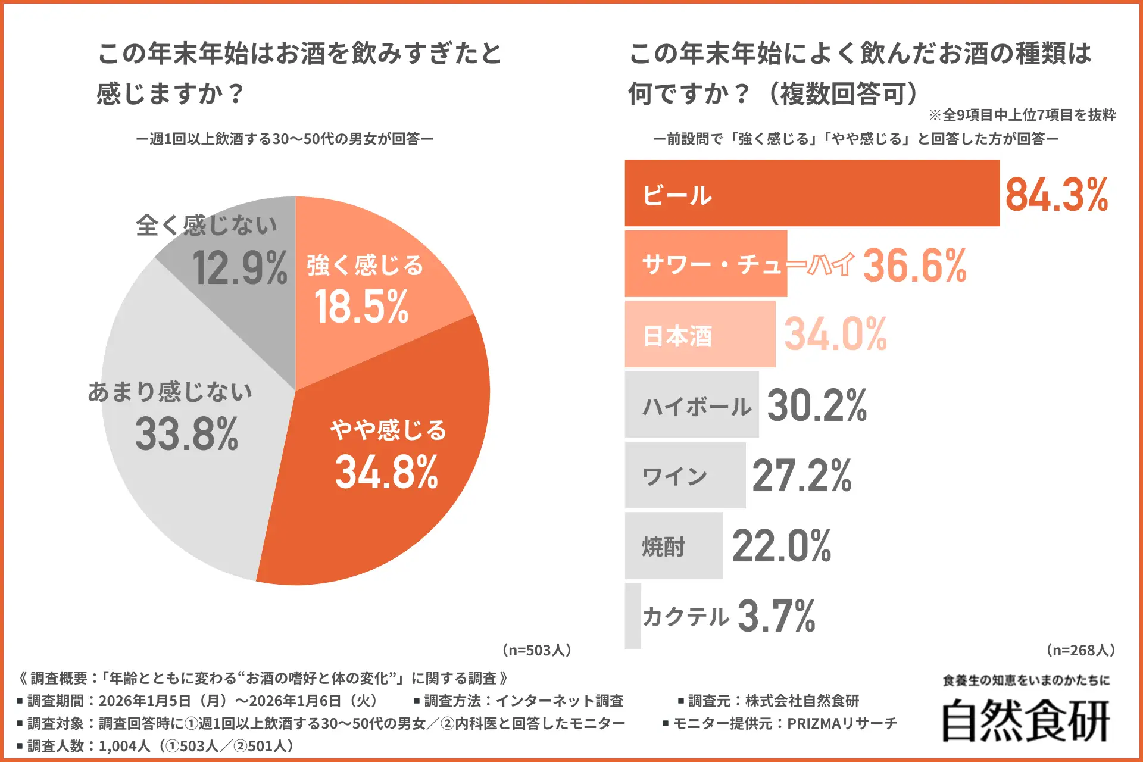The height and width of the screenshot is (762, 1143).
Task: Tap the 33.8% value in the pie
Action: pyautogui.click(x=186, y=433)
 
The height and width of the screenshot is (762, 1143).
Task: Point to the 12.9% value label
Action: pyautogui.click(x=239, y=268)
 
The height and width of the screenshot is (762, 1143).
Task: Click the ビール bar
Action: pyautogui.click(x=812, y=193)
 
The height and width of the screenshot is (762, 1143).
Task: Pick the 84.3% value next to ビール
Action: pyautogui.click(x=1057, y=195)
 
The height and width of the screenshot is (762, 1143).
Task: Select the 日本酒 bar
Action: pyautogui.click(x=700, y=334)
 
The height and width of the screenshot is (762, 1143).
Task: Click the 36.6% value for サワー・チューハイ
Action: pyautogui.click(x=915, y=266)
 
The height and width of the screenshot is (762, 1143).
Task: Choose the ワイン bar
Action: pyautogui.click(x=685, y=475)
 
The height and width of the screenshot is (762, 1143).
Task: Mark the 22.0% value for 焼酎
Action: pyautogui.click(x=782, y=546)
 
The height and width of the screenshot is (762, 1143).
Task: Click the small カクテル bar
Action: pyautogui.click(x=633, y=616)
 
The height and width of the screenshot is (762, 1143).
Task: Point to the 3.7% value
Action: pyautogui.click(x=776, y=616)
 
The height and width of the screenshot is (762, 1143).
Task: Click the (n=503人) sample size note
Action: pyautogui.click(x=536, y=649)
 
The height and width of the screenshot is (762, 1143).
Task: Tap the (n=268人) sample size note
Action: pyautogui.click(x=1080, y=649)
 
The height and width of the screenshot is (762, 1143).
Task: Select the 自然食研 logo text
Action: pyautogui.click(x=1026, y=721)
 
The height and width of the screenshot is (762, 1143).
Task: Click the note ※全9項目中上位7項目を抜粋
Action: pyautogui.click(x=1022, y=115)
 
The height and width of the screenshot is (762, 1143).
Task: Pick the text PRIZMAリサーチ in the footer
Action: pyautogui.click(x=842, y=723)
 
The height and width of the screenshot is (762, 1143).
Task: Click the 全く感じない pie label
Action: pyautogui.click(x=207, y=225)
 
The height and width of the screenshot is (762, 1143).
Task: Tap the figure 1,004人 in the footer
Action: pyautogui.click(x=124, y=746)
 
